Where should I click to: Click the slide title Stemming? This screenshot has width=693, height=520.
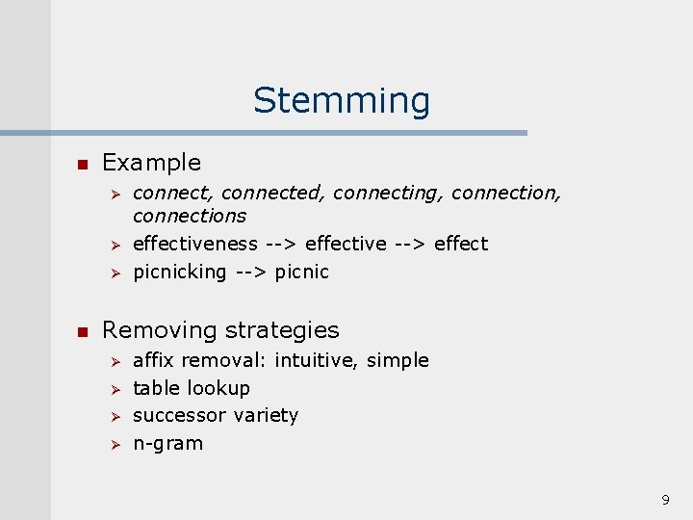(342, 100)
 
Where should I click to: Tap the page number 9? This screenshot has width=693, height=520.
(665, 500)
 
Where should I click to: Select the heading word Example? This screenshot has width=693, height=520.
(151, 163)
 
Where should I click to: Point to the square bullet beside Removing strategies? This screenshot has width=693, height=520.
(82, 330)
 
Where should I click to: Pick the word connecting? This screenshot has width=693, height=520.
(388, 194)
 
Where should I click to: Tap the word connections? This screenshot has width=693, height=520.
(190, 217)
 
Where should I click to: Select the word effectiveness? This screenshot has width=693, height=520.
(195, 244)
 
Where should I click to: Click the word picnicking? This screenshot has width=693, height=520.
(179, 272)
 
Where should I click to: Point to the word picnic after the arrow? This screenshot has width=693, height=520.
(301, 272)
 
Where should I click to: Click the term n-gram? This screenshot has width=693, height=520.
(167, 444)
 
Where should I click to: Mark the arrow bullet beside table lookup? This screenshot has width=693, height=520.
(112, 389)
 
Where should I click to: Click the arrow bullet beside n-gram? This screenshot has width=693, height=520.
(112, 445)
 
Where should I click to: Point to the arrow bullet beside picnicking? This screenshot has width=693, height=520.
(112, 273)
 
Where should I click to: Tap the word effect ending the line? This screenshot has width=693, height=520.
(461, 244)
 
